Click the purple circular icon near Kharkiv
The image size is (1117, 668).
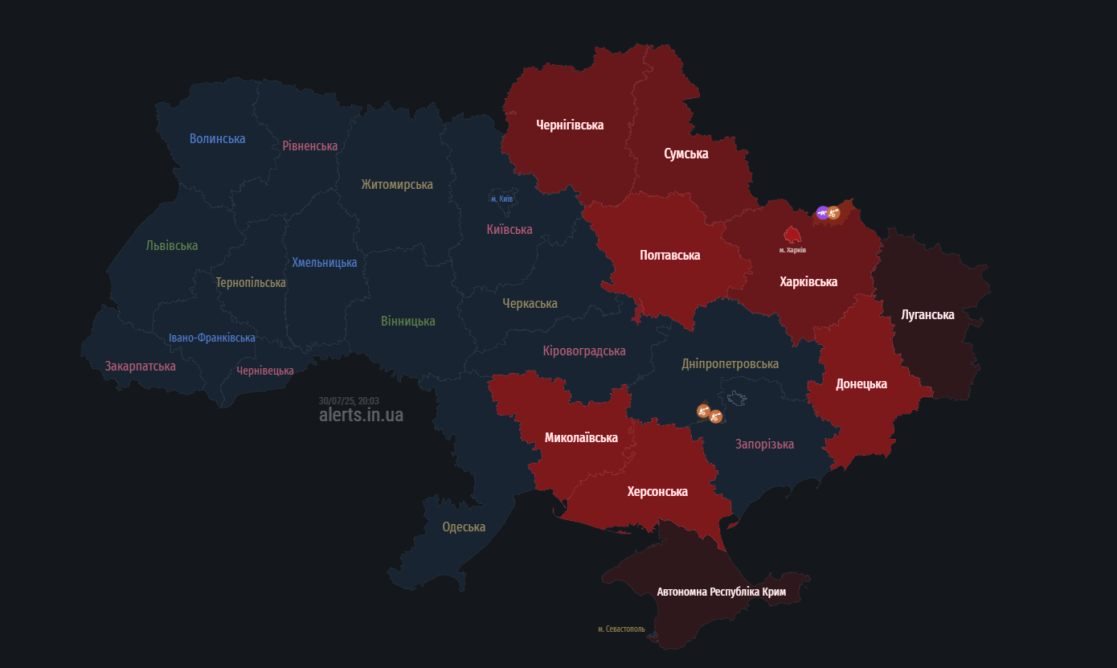coord(822,212)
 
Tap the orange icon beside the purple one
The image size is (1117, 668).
coord(834,213)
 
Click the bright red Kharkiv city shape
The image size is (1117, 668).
coord(792,235)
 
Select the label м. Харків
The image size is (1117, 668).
coord(792,250)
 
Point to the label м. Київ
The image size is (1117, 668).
coord(502,199)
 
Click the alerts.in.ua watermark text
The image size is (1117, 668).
coord(361,415)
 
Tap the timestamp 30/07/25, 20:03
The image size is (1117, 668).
coord(349,400)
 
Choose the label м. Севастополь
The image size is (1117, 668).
coord(621,629)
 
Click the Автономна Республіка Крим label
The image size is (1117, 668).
coord(721,592)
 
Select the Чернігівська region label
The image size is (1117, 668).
coord(570,125)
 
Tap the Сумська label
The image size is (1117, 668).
coord(685,154)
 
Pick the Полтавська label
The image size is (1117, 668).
coord(669,255)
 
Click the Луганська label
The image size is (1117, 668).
coord(927,314)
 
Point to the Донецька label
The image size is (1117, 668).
coord(861,383)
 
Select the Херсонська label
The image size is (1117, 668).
coord(657,491)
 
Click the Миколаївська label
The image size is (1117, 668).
coord(581,437)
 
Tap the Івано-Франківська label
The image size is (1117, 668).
coord(212,338)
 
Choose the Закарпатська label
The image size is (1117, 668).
coord(140,366)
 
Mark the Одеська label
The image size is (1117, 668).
coord(464,527)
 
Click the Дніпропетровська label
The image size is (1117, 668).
coord(730,363)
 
